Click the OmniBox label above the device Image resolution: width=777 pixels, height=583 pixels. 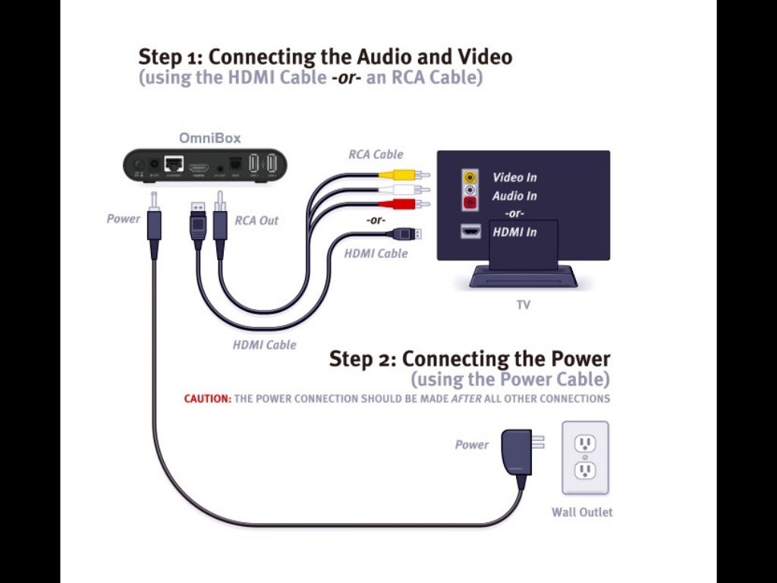(x=210, y=138)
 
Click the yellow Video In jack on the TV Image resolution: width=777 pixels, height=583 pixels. (x=471, y=177)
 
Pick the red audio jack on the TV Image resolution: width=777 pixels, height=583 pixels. (x=471, y=203)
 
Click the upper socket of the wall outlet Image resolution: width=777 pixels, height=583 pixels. (x=584, y=443)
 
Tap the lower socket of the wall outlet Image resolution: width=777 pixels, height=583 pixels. (x=584, y=470)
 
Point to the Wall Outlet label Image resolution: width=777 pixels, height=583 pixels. (x=582, y=512)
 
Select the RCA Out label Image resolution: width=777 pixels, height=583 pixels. (x=256, y=221)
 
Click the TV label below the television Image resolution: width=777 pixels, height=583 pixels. (x=523, y=305)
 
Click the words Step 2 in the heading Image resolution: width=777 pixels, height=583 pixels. (x=361, y=358)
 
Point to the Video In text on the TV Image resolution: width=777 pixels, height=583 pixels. (x=514, y=178)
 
